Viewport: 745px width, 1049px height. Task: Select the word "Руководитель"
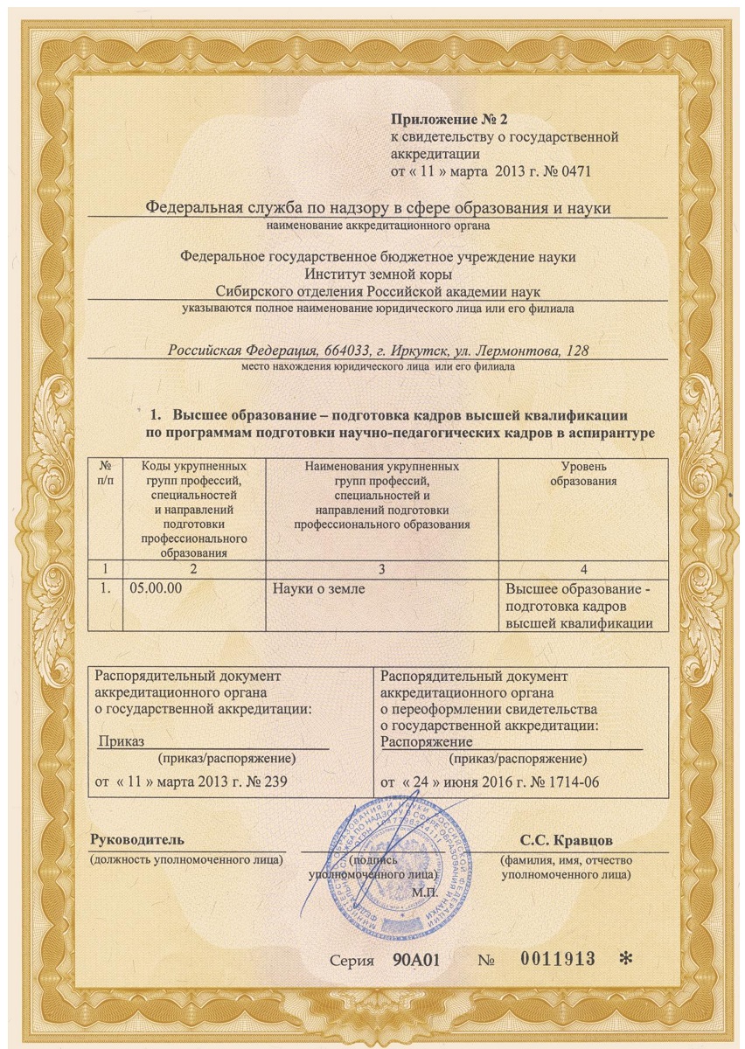pyautogui.click(x=137, y=841)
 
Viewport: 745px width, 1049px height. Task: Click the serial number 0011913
pyautogui.click(x=558, y=958)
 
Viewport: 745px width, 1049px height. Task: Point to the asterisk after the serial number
pyautogui.click(x=624, y=959)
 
